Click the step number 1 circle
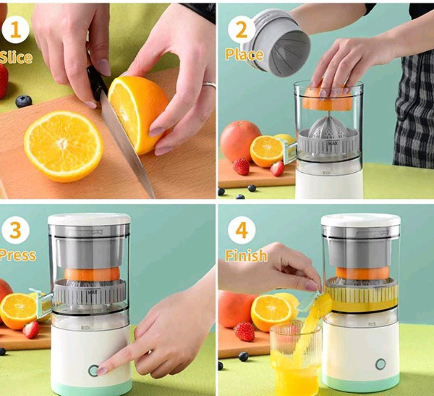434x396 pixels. tap(16, 30)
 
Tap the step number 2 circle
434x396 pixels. tap(242, 29)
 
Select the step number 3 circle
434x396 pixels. tap(16, 230)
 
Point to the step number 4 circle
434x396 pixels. tap(242, 230)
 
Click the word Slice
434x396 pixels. tap(16, 58)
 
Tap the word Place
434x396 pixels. tap(244, 54)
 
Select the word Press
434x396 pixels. tap(18, 255)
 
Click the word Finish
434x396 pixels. tap(246, 255)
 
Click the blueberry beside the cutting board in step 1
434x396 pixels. tap(24, 101)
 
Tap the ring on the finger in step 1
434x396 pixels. tap(209, 85)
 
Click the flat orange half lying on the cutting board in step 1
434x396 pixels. tap(63, 146)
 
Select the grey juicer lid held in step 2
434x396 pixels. tap(280, 41)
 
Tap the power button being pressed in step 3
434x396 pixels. tap(94, 370)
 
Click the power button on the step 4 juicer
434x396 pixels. tap(381, 364)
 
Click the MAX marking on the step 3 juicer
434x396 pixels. tap(91, 292)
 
